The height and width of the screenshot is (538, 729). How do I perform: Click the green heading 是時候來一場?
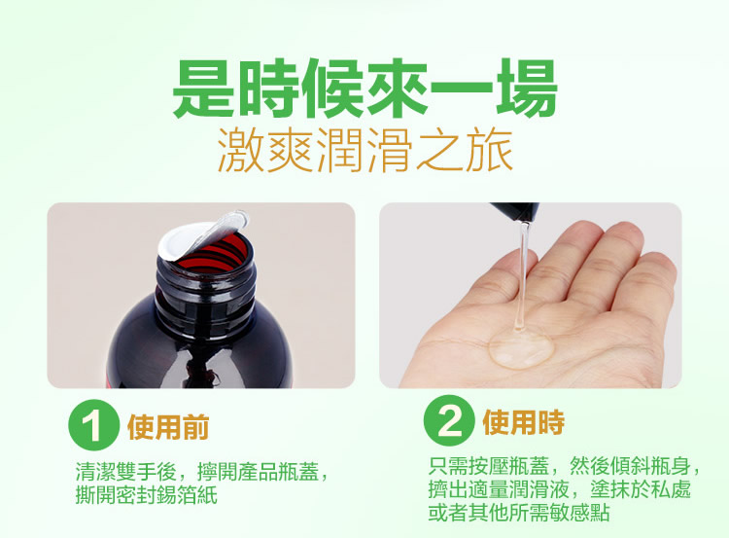[364, 88]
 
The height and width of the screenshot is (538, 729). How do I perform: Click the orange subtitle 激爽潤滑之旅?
[365, 151]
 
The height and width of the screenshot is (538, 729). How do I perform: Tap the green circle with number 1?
[91, 425]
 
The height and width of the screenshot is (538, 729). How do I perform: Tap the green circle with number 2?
[449, 419]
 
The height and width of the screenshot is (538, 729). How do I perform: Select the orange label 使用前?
[168, 426]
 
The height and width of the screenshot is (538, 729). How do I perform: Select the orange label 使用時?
[524, 422]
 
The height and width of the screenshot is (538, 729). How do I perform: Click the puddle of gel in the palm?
[521, 346]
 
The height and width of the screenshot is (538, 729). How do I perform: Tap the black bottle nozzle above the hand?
[516, 211]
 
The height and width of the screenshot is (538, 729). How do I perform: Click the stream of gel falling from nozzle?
[522, 274]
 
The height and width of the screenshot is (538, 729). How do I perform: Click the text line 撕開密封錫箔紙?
[147, 495]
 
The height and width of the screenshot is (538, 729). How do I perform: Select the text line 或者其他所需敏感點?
[519, 512]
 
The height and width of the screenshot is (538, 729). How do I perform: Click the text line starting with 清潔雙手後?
[203, 472]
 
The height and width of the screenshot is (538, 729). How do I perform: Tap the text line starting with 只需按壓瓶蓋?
[565, 466]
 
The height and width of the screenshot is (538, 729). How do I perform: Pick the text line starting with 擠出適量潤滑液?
[560, 489]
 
